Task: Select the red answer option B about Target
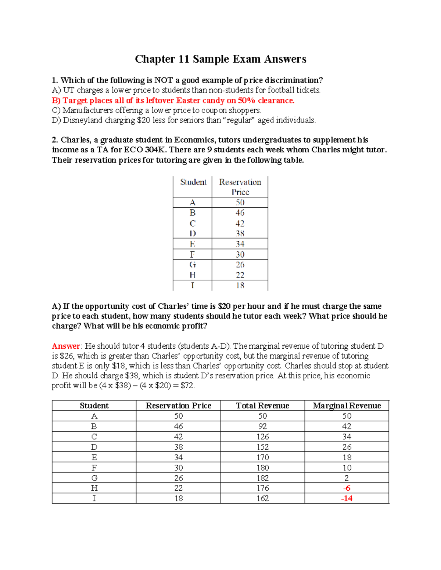(173, 101)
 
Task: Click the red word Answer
(66, 346)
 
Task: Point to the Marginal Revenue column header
(347, 406)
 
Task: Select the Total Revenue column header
(262, 406)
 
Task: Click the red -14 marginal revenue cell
(347, 498)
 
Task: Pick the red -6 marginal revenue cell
(347, 488)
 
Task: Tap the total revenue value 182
(262, 478)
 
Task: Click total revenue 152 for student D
(262, 447)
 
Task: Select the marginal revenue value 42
(347, 426)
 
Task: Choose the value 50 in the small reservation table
(240, 203)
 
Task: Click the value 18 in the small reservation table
(240, 286)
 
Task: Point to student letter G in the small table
(193, 265)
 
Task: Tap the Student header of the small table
(193, 182)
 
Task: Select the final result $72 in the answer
(187, 385)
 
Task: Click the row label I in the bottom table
(94, 498)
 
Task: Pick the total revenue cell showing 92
(262, 426)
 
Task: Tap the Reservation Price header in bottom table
(178, 406)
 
